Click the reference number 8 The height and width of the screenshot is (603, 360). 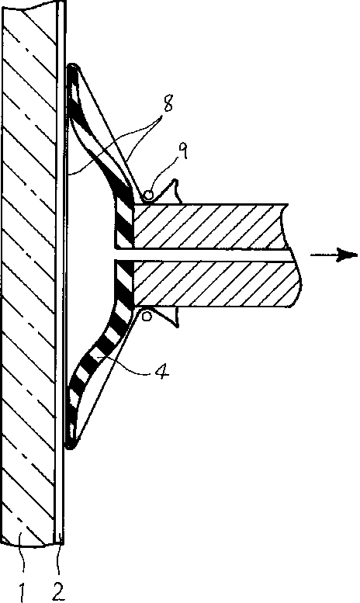(168, 102)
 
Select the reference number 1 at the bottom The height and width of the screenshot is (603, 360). (22, 591)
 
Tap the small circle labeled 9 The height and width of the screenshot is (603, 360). (147, 196)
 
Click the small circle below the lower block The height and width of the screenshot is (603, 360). (146, 316)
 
